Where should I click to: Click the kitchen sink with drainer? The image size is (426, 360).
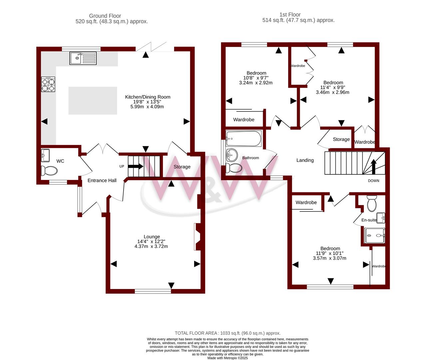(83, 58)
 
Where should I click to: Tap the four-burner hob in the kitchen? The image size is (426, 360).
(48, 84)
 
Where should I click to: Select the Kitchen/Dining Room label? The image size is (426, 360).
(148, 97)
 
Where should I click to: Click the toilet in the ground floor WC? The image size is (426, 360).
(49, 171)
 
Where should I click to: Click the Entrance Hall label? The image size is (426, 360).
(102, 180)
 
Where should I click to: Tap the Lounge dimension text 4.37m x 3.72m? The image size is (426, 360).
(151, 246)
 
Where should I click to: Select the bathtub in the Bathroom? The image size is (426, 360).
(243, 138)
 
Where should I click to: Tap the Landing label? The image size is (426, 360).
(305, 160)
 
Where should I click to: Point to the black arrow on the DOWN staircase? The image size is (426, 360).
(374, 167)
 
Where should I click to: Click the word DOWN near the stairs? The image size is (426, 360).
(374, 181)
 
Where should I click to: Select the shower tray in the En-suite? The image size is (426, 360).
(375, 236)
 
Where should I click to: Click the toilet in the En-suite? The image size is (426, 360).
(372, 203)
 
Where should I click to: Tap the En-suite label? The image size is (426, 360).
(369, 220)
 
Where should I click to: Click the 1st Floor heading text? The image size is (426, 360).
(290, 15)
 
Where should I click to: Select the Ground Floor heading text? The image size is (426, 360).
(105, 16)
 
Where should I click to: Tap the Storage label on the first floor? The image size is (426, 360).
(341, 139)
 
